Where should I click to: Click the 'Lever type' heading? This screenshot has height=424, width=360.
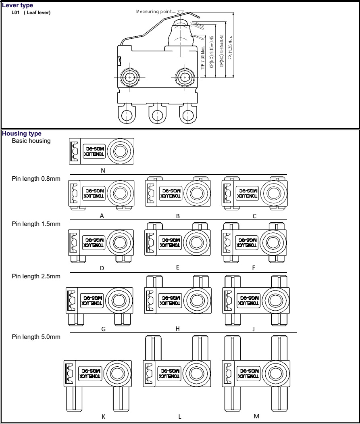coord(17,5)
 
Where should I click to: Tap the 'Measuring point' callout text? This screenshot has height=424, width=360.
coord(154,12)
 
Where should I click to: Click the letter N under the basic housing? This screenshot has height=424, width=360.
coord(103,170)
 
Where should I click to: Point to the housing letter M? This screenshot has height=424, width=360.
coord(257,416)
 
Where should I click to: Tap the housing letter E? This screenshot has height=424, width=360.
coord(178,267)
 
